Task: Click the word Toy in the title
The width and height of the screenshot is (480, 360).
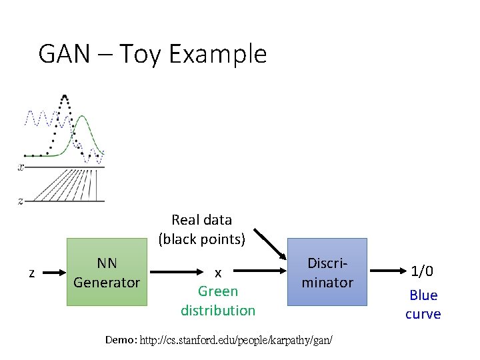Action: (x=141, y=54)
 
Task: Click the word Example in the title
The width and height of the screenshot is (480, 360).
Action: (x=218, y=53)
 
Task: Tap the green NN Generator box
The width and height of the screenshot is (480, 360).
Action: (x=107, y=272)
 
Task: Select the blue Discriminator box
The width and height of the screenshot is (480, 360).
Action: (x=327, y=272)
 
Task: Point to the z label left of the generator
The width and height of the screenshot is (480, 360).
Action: (x=31, y=272)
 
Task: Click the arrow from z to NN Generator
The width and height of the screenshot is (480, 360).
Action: (x=52, y=272)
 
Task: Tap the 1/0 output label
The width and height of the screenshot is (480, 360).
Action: (x=423, y=271)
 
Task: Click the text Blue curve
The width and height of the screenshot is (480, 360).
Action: (x=423, y=304)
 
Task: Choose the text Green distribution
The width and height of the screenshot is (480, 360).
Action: (x=218, y=301)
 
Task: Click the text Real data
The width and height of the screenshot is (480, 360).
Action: (x=201, y=219)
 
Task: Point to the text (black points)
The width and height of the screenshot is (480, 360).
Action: (x=202, y=238)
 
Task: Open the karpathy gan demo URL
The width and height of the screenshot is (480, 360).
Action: (x=236, y=340)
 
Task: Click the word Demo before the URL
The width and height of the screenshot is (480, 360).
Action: (x=121, y=340)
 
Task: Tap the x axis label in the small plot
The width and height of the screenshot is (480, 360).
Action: (x=21, y=167)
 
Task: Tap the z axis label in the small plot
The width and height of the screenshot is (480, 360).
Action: (x=21, y=200)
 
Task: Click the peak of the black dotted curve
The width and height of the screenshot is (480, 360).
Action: (x=63, y=97)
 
